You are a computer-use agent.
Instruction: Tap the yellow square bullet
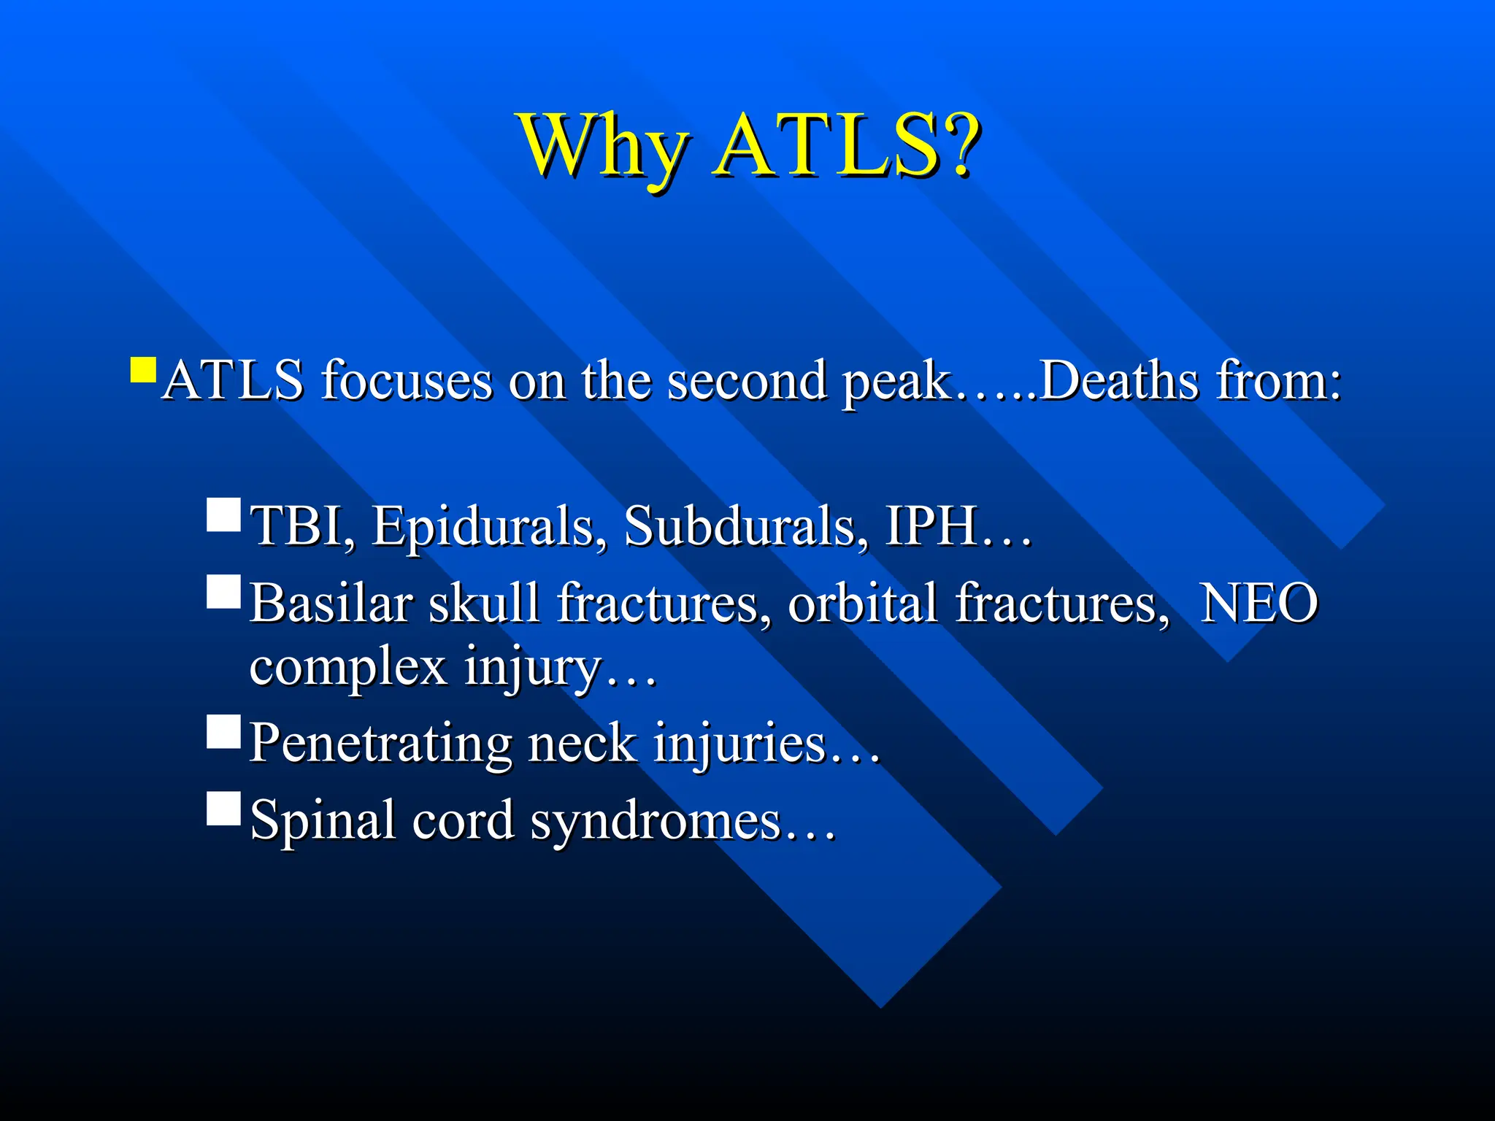[143, 370]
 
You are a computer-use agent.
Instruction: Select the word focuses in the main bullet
[407, 381]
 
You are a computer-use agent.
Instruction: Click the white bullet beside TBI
[223, 515]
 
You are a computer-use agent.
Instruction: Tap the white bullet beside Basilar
[223, 592]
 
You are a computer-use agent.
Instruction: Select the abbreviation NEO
[1259, 604]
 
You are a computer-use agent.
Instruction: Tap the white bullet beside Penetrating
[223, 732]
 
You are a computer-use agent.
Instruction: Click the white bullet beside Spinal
[223, 809]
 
